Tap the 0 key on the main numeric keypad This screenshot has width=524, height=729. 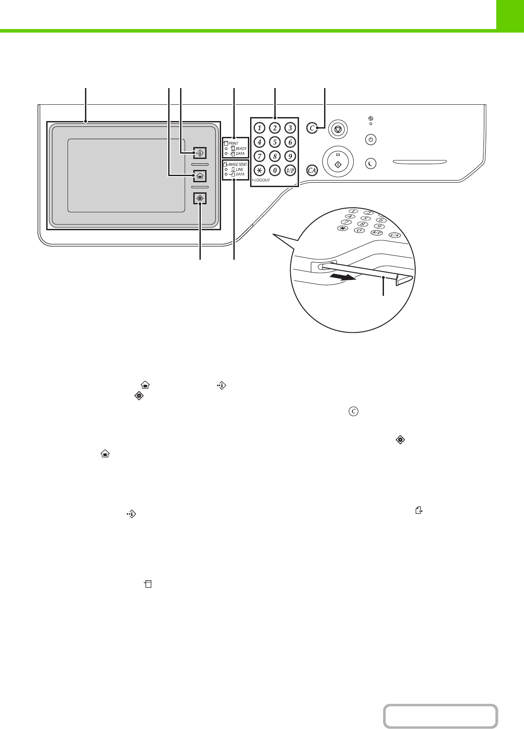[275, 170]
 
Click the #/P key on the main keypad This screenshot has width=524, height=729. [290, 170]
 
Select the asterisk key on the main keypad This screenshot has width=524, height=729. [259, 170]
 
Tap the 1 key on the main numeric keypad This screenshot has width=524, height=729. [259, 128]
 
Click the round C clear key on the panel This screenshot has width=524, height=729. [312, 128]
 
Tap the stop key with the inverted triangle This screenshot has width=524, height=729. [338, 129]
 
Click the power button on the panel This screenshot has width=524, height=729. [371, 140]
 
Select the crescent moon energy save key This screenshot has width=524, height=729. [371, 164]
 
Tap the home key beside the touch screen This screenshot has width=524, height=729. [200, 176]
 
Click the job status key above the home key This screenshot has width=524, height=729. [200, 153]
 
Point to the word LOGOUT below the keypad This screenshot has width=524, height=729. [262, 180]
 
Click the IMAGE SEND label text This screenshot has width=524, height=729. [237, 164]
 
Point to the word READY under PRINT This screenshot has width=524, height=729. [241, 149]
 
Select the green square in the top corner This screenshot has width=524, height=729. [510, 15]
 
